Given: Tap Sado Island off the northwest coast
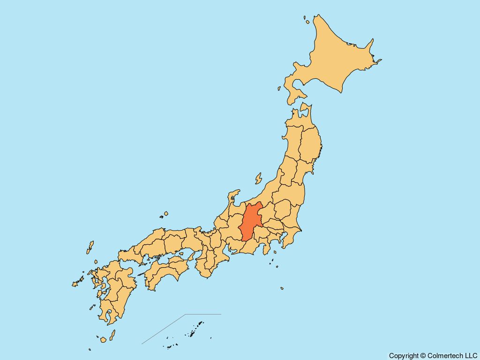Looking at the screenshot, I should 258,179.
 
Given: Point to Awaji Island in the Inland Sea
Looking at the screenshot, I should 191,255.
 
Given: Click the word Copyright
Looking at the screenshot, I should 404,356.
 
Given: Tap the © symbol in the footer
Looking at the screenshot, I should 423,356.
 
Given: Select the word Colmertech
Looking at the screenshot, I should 444,356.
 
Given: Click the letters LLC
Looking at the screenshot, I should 470,356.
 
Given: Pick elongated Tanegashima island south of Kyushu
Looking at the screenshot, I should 112,335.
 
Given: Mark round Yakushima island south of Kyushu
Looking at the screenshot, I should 103,339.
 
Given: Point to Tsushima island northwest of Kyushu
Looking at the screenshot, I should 90,247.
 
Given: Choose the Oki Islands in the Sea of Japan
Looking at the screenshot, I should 165,215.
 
